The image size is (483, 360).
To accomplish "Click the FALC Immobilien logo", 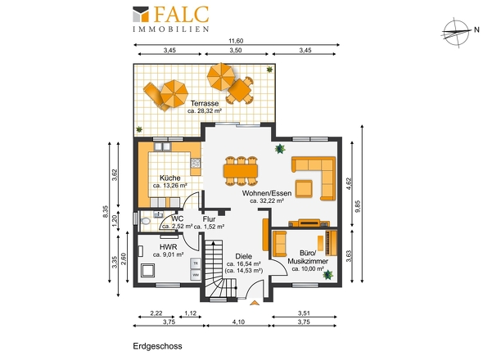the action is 171,19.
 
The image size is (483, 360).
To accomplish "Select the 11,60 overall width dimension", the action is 236,41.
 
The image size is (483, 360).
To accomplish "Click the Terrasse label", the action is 205,103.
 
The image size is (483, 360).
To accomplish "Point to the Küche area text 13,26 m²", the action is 170,186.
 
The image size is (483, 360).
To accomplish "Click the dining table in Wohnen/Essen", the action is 241,171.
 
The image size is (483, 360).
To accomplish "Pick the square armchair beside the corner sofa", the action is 304,188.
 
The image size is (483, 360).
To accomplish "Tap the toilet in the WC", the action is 145,221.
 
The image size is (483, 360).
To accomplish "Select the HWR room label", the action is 168,247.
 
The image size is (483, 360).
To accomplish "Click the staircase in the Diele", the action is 220,268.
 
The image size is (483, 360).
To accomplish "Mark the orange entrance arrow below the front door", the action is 254,303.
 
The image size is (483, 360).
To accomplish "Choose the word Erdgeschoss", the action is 157,346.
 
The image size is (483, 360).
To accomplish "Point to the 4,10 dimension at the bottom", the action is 238,322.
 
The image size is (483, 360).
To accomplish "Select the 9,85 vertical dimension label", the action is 357,206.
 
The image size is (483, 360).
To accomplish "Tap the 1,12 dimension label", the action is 191,313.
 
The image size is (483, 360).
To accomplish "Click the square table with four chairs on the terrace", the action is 239,90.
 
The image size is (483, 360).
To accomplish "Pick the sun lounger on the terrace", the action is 156,97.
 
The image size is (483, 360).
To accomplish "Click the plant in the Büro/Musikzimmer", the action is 328,274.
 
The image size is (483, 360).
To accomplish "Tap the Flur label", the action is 209,219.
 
